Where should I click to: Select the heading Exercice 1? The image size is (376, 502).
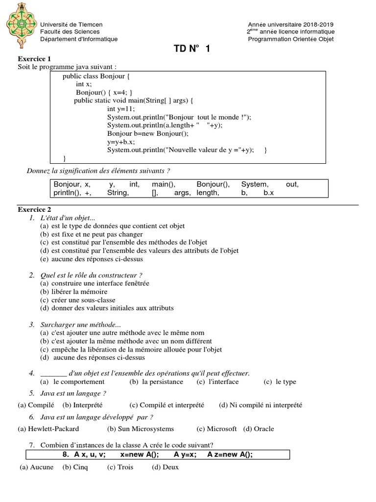34,59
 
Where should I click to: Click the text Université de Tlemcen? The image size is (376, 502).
71,25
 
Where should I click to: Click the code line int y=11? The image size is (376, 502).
121,109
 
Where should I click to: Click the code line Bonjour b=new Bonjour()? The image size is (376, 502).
147,133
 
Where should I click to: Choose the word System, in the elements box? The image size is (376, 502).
255,184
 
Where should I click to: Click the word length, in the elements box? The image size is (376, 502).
208,193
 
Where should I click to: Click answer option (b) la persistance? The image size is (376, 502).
156,382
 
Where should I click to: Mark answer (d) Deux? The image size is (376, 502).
165,467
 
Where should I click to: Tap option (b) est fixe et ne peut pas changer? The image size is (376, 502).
91,234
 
